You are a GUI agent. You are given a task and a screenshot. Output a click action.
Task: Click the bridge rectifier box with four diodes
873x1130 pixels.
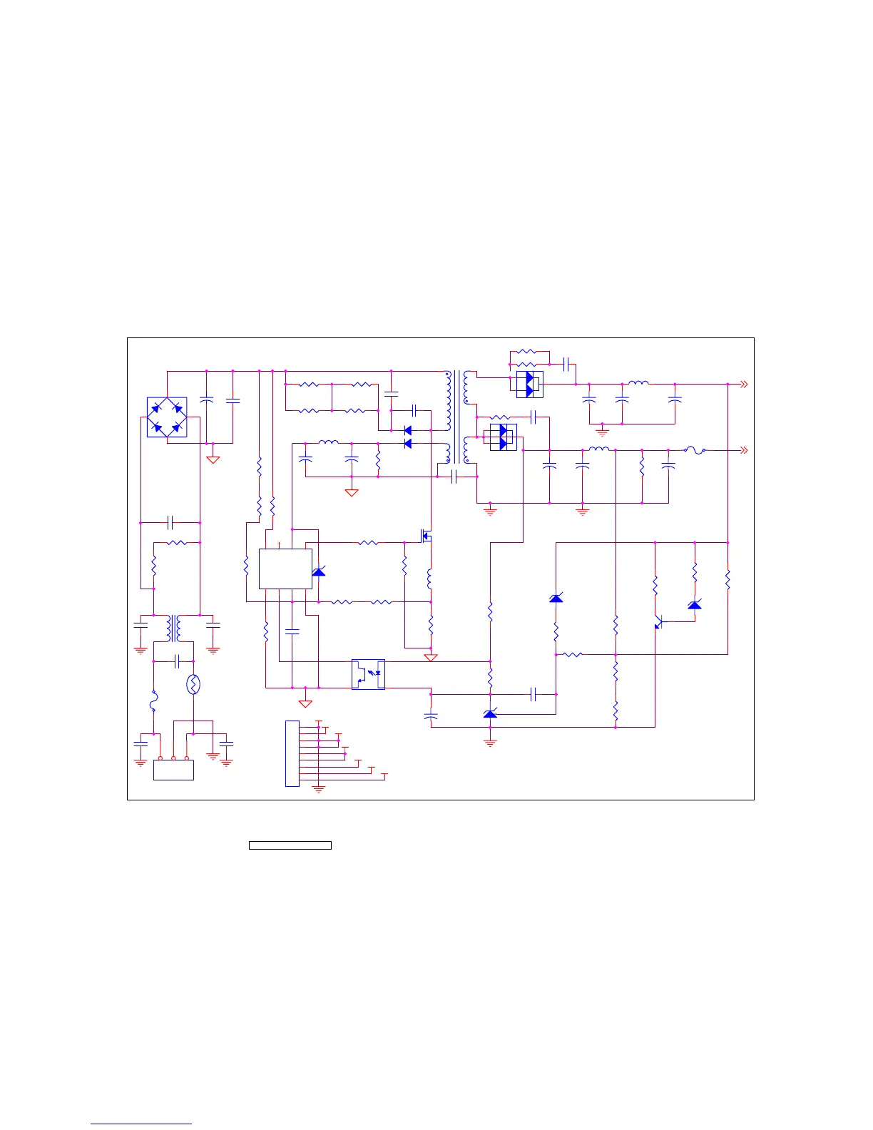click(x=167, y=417)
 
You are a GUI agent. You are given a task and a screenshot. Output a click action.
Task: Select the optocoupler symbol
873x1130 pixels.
click(x=369, y=674)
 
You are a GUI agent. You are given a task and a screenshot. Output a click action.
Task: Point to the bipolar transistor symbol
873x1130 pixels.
click(x=659, y=622)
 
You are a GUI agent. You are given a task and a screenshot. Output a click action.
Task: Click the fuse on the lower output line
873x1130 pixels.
click(x=695, y=450)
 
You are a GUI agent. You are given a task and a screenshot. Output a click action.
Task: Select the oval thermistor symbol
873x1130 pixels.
click(x=193, y=686)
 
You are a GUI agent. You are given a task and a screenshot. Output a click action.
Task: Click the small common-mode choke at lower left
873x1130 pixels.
click(x=173, y=628)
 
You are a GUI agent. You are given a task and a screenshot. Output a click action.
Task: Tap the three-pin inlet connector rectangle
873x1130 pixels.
click(x=173, y=770)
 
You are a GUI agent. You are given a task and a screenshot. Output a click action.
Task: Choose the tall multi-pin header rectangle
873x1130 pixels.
click(x=292, y=753)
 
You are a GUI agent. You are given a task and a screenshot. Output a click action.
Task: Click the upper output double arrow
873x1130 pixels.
click(x=743, y=385)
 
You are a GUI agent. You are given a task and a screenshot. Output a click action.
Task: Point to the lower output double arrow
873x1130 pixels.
click(x=743, y=451)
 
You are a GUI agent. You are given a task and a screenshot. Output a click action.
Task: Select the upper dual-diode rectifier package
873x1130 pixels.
click(x=529, y=385)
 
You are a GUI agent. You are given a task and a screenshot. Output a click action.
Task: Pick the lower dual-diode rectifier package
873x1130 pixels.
click(x=504, y=437)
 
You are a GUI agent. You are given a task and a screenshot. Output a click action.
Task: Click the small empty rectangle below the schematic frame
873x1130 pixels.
click(x=290, y=845)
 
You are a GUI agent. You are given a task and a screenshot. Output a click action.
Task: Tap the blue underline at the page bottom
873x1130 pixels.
click(x=141, y=1124)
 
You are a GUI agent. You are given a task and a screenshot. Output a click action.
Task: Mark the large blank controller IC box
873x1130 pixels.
click(x=285, y=569)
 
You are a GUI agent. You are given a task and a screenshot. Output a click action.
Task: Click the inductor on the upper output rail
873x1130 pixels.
click(x=638, y=384)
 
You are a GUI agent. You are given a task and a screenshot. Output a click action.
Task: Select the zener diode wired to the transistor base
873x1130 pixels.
click(x=695, y=605)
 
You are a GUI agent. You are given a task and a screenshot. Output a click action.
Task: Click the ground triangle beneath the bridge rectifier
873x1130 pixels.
click(x=213, y=460)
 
